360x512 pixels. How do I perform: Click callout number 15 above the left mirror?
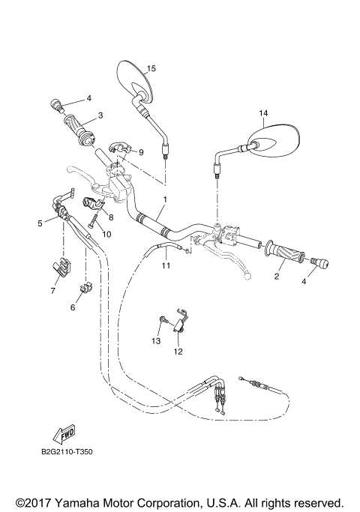coord(151,68)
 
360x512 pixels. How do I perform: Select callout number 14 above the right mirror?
coord(263,113)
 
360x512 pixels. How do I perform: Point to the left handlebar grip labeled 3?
coord(80,127)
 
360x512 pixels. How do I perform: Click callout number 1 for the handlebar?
coord(165,199)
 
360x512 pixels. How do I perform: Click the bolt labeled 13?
coord(163,322)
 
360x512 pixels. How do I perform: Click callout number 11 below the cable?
coord(166,265)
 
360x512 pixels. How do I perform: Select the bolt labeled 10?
coord(94,221)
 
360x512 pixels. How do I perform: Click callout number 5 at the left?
coord(40,223)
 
